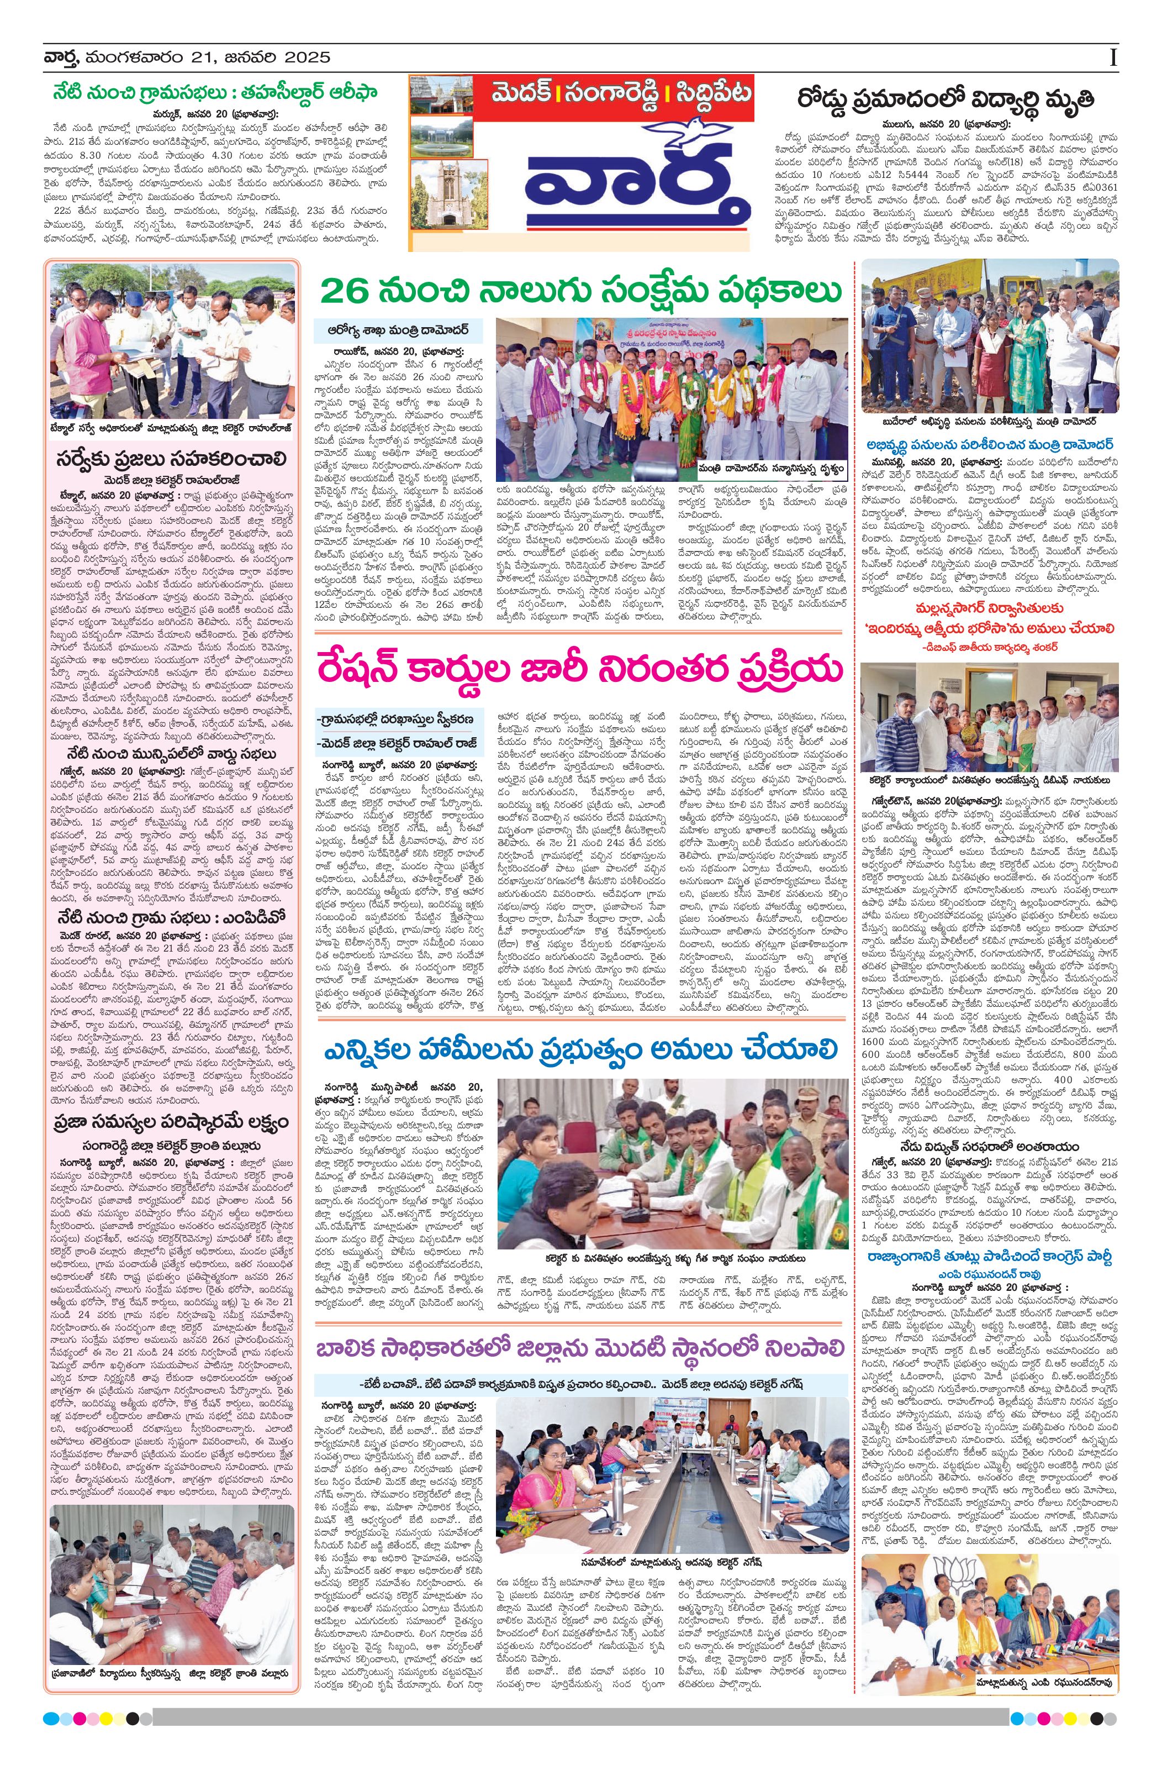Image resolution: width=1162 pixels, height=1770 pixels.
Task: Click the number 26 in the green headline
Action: click(346, 291)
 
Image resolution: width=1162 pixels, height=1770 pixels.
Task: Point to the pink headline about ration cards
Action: click(580, 669)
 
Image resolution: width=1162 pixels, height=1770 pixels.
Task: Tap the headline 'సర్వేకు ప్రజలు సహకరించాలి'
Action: click(172, 458)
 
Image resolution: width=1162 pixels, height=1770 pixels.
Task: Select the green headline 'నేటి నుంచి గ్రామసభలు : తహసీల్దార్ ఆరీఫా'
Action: click(215, 94)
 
